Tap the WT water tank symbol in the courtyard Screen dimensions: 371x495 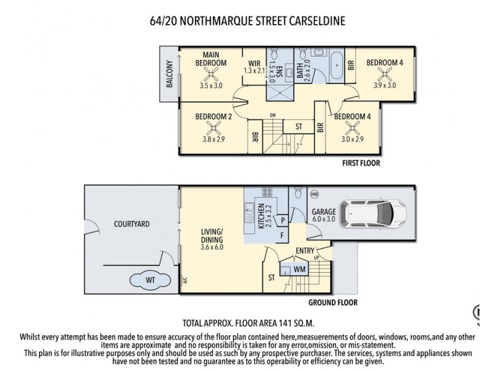[150, 280]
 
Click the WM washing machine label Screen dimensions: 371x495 [299, 270]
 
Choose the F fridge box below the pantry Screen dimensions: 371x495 [282, 235]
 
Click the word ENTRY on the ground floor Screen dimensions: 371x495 [304, 250]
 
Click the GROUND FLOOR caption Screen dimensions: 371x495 [334, 303]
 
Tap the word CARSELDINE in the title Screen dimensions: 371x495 [307, 21]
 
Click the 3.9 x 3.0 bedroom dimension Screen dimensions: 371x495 [384, 85]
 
